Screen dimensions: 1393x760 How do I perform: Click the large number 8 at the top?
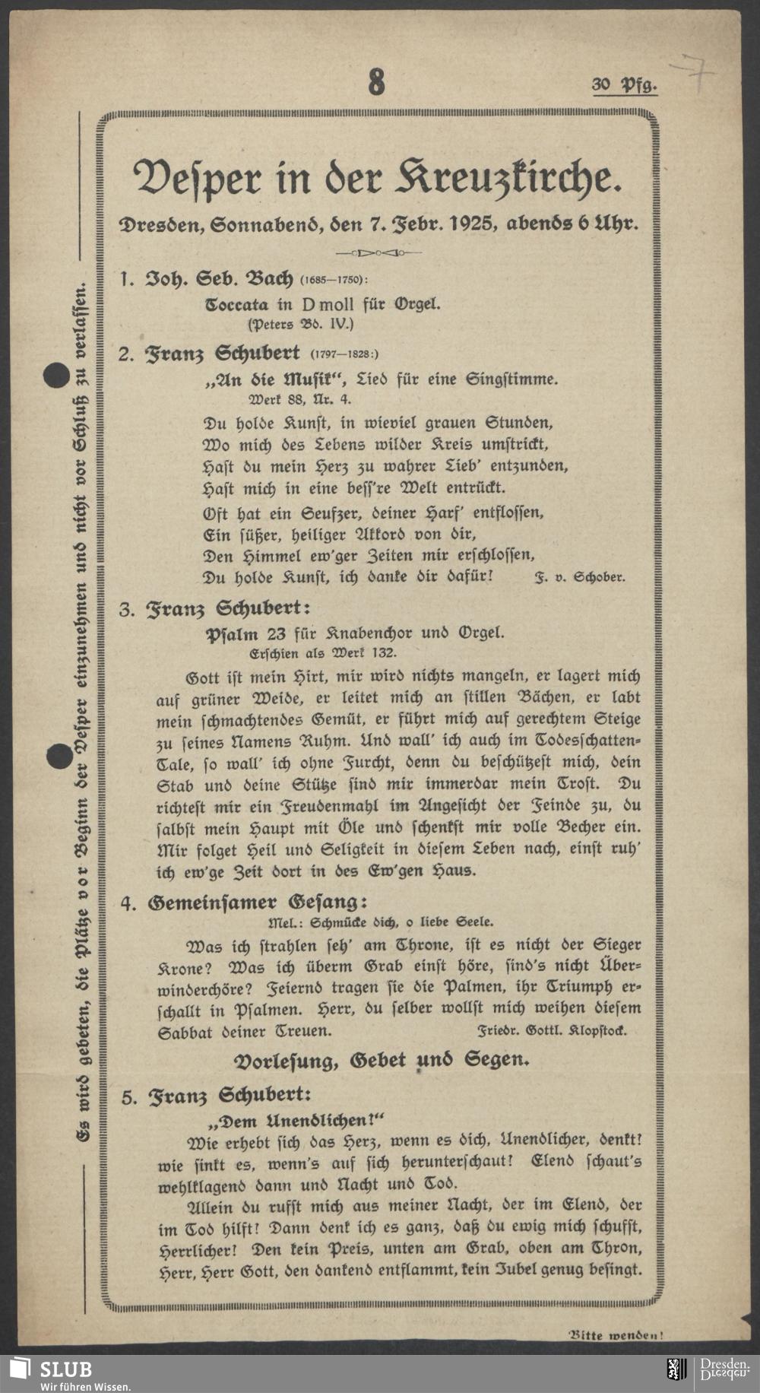376,81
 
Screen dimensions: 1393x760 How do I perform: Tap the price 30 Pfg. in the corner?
624,84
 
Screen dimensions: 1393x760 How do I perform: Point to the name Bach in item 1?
267,278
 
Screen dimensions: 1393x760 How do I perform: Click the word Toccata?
237,305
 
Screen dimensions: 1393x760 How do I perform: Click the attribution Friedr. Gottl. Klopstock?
552,1031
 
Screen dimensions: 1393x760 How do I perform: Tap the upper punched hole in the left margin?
55,376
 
